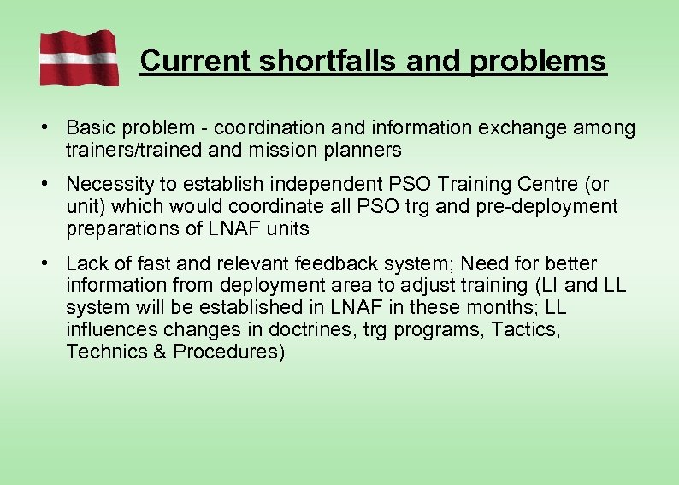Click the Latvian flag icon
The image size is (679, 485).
79,57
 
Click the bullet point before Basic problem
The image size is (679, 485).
42,127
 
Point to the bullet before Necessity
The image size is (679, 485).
42,184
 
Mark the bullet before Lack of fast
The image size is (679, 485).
42,263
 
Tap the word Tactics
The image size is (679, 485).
523,329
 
